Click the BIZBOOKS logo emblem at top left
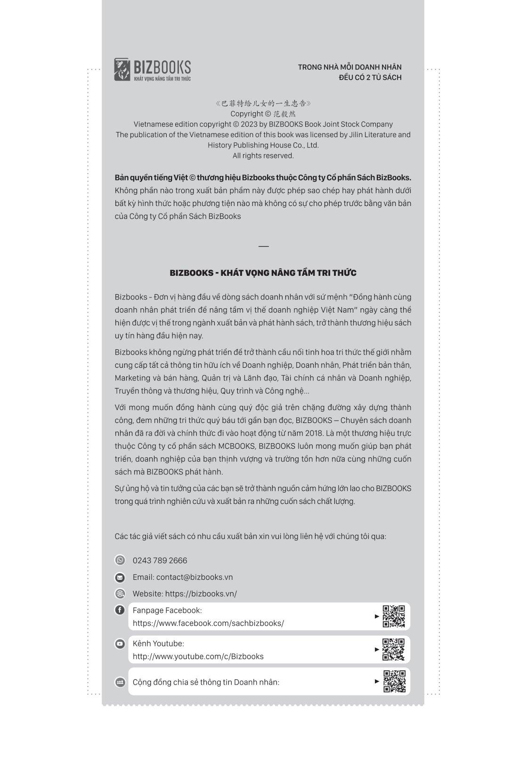[x=122, y=69]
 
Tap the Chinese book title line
[x=263, y=103]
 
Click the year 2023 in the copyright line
[x=249, y=124]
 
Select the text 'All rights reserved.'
[x=263, y=156]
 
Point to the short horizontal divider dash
[x=263, y=246]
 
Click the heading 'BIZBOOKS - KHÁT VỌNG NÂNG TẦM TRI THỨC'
[x=263, y=273]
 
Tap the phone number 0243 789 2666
[x=160, y=561]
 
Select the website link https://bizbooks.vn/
[x=201, y=594]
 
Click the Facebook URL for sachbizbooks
[x=208, y=623]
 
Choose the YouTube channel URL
[x=198, y=656]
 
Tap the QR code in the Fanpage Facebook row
[x=394, y=617]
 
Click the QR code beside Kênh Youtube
[x=394, y=650]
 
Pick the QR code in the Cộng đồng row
[x=394, y=681]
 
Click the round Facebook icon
[x=120, y=610]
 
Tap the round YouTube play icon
[x=120, y=644]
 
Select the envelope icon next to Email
[x=120, y=578]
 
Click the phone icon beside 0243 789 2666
[x=120, y=560]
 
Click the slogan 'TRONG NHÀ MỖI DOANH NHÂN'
[x=349, y=67]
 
